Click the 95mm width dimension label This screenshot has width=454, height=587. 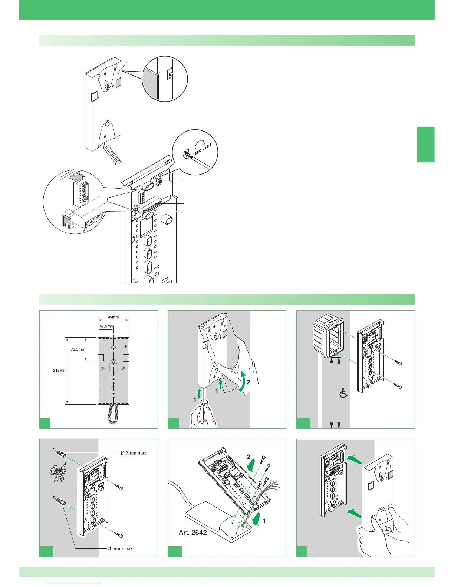pos(113,317)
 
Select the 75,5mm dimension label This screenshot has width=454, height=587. pos(78,349)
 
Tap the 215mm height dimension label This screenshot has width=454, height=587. pos(59,370)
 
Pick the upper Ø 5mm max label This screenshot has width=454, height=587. pos(134,452)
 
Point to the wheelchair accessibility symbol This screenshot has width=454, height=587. pos(343,392)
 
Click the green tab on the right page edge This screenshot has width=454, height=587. pos(425,145)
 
